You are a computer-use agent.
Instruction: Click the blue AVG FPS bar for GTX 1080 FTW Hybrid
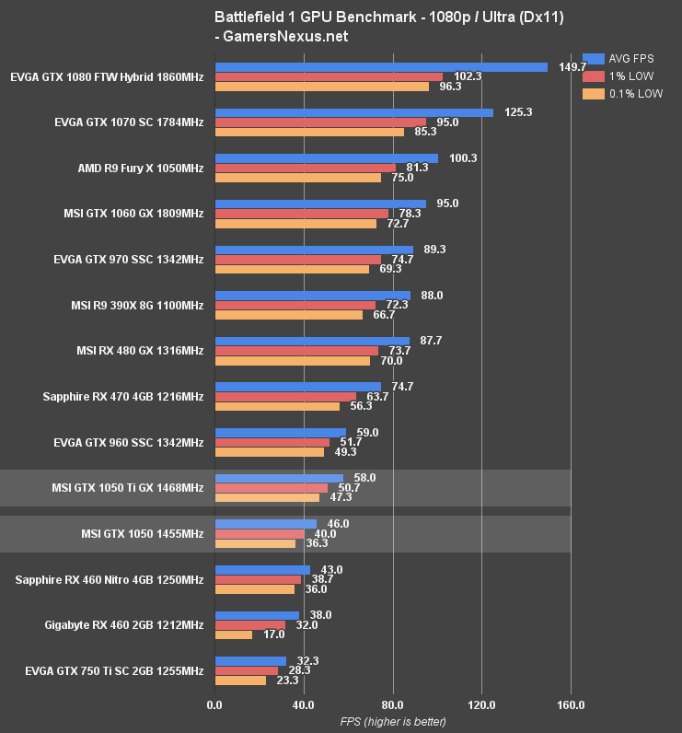click(381, 67)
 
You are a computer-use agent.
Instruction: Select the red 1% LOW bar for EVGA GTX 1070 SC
click(320, 122)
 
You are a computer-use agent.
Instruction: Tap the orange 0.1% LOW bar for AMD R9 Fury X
click(297, 178)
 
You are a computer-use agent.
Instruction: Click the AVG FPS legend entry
click(622, 57)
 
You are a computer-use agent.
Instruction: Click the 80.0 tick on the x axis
click(393, 705)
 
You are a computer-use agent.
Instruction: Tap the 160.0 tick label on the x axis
click(571, 705)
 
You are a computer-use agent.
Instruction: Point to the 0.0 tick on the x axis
click(214, 705)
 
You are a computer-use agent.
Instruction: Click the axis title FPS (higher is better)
click(393, 721)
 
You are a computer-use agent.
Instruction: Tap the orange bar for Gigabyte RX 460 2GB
click(234, 634)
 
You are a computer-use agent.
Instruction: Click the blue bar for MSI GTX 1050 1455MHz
click(265, 524)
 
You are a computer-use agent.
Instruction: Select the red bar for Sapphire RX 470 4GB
click(285, 397)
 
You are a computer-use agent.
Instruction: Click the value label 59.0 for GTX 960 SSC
click(367, 433)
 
